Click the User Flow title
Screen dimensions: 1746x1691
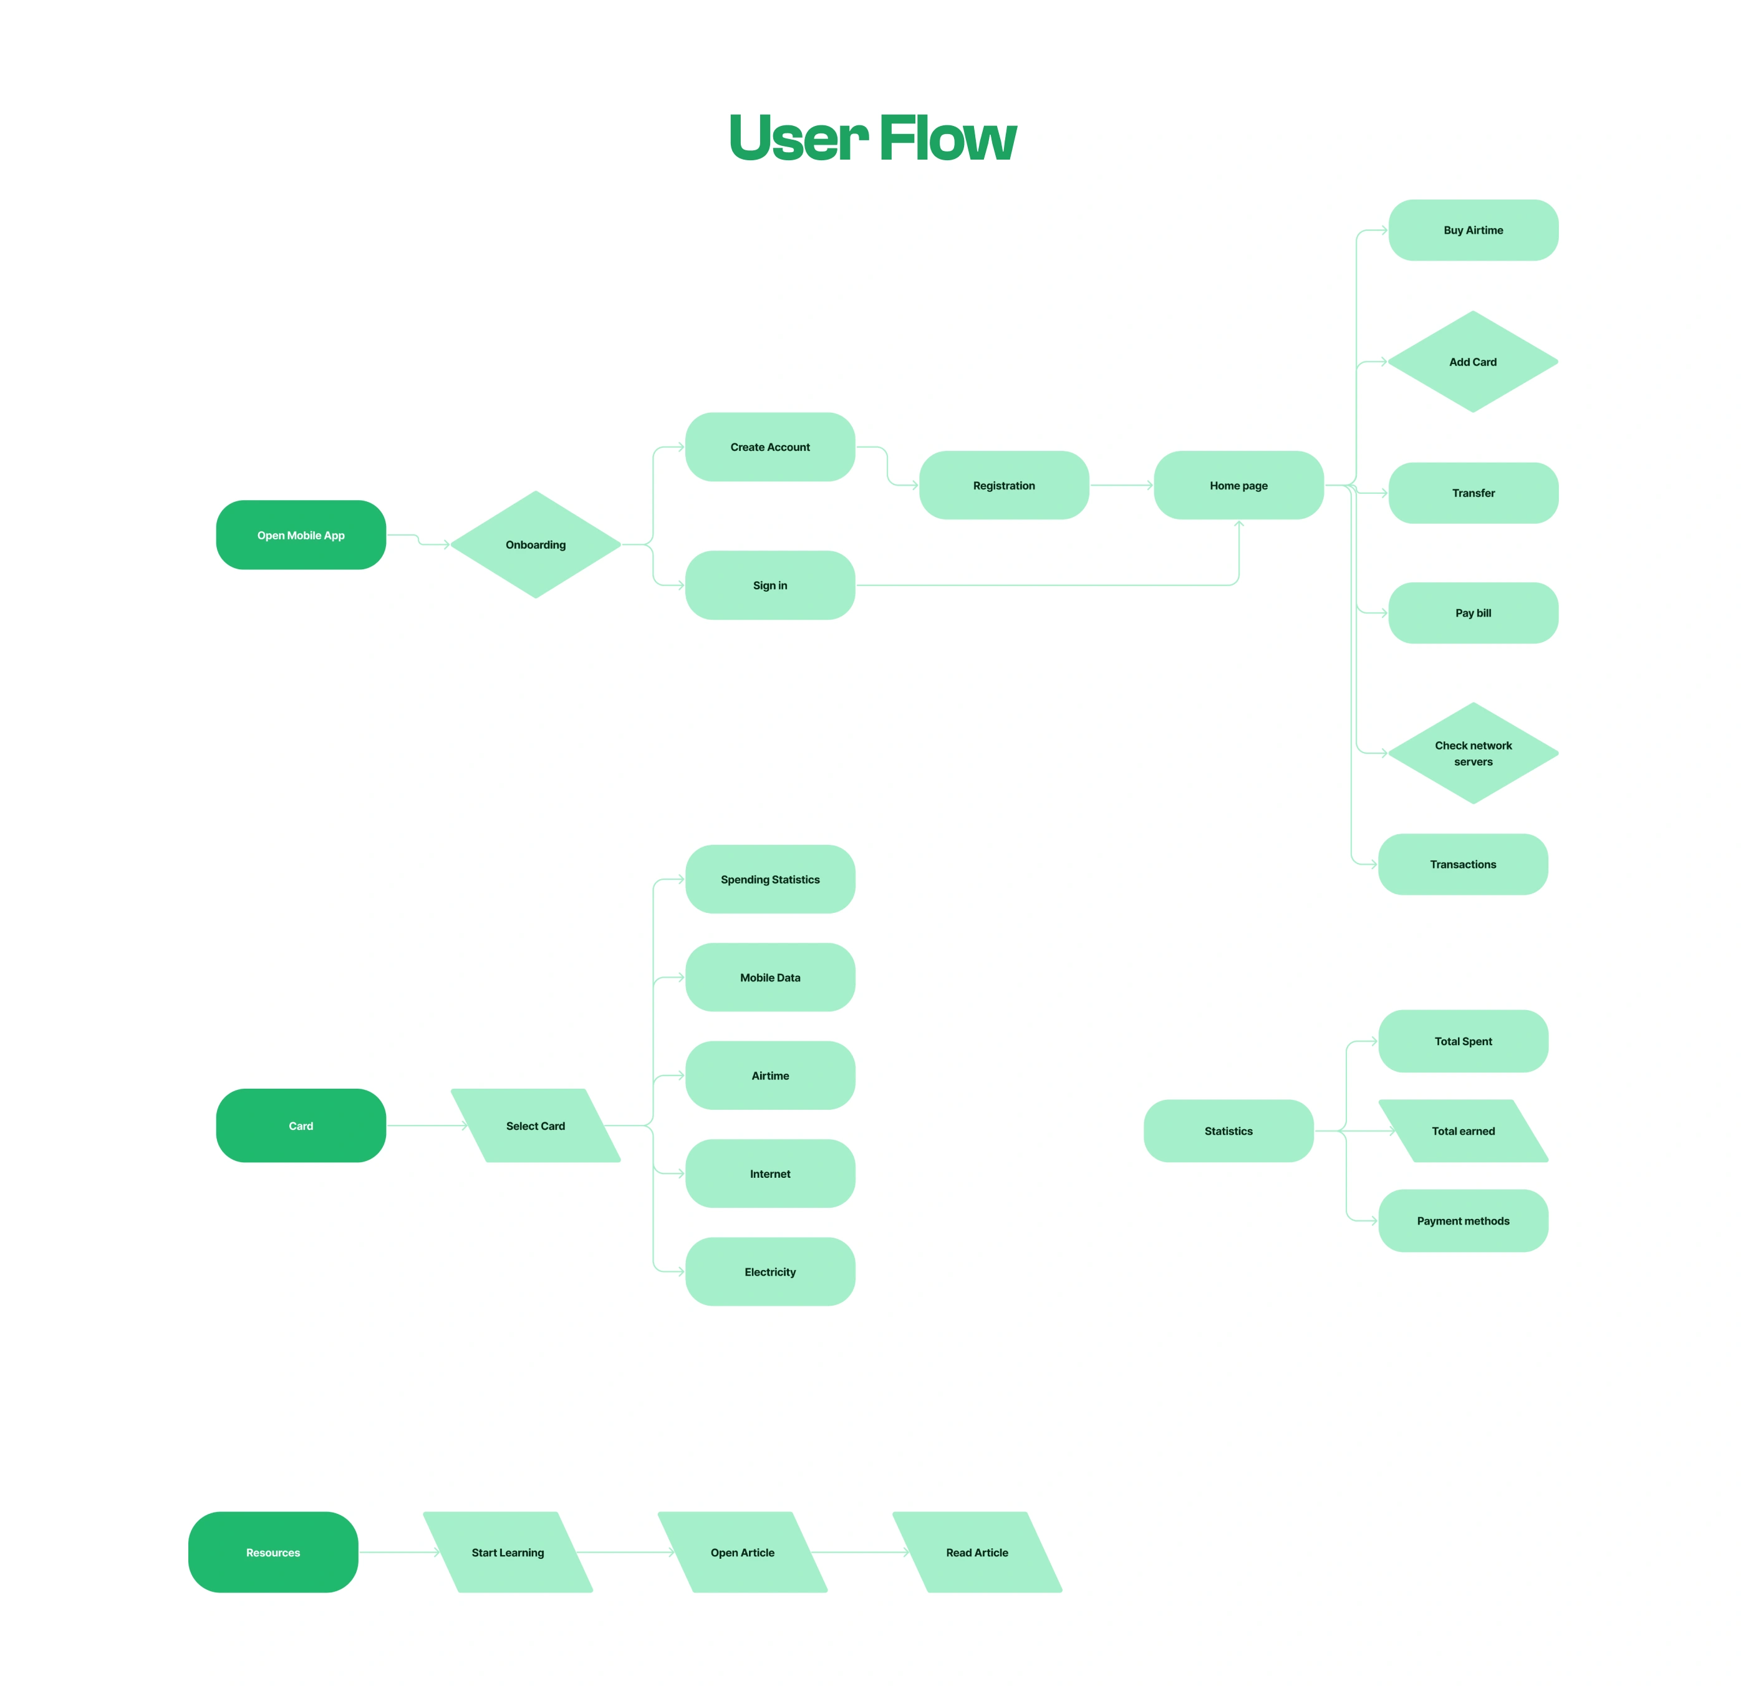coord(872,138)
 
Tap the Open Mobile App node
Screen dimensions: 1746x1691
coord(301,534)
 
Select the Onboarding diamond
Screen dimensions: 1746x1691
coord(536,544)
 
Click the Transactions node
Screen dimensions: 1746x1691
coord(1463,864)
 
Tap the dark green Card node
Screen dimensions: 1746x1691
coord(301,1125)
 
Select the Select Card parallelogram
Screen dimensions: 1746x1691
coord(536,1125)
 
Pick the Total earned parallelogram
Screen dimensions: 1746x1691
coord(1463,1130)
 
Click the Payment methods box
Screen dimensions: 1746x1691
coord(1463,1221)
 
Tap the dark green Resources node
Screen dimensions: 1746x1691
coord(274,1552)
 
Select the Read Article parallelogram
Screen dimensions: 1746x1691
coord(977,1552)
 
